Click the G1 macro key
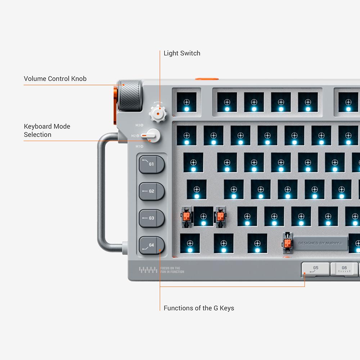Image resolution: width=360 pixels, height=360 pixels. pyautogui.click(x=152, y=165)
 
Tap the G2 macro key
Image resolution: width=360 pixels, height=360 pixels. pyautogui.click(x=152, y=191)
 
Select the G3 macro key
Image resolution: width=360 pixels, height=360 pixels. pyautogui.click(x=152, y=218)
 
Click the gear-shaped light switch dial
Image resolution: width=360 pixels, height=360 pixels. pyautogui.click(x=158, y=113)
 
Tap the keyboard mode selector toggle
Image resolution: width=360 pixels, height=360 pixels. pyautogui.click(x=152, y=136)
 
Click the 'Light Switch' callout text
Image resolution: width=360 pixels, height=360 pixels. pyautogui.click(x=182, y=53)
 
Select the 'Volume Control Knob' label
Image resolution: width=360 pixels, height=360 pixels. pyautogui.click(x=55, y=78)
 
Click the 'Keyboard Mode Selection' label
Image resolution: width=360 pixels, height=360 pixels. pyautogui.click(x=47, y=130)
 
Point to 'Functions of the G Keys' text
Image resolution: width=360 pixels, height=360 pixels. pyautogui.click(x=199, y=308)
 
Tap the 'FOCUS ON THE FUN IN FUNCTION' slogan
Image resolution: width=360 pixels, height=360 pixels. pyautogui.click(x=172, y=270)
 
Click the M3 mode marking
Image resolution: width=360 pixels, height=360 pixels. pyautogui.click(x=139, y=125)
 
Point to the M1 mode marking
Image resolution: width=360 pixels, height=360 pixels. pyautogui.click(x=139, y=147)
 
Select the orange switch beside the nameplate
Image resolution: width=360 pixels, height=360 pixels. pyautogui.click(x=287, y=243)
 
